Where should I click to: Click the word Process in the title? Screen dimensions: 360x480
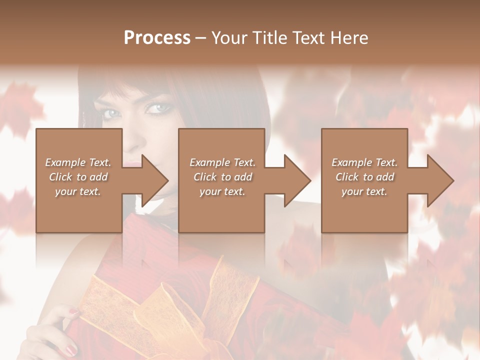pos(157,38)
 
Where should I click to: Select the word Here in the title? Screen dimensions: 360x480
pos(350,38)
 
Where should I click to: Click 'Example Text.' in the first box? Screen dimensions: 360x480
pos(78,162)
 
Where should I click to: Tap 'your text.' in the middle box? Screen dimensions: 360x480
pos(222,191)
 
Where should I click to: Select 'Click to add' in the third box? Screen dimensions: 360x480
pos(364,177)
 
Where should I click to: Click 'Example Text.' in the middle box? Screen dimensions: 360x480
pos(222,162)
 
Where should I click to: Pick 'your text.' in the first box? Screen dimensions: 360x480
pos(78,191)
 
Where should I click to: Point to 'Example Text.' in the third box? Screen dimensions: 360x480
pos(364,162)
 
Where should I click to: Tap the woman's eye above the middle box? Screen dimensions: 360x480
pos(158,107)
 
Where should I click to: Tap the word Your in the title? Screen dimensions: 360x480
pos(228,38)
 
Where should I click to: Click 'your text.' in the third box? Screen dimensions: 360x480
pos(364,191)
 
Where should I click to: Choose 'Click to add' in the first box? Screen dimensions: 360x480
pos(78,177)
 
